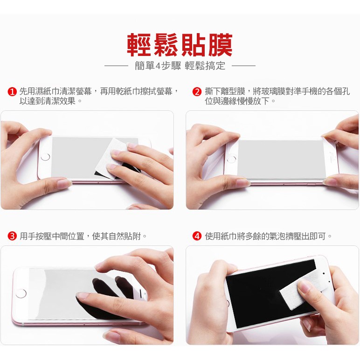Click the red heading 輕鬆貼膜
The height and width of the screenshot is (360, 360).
tap(180, 45)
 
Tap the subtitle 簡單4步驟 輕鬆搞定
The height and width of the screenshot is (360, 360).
tap(180, 66)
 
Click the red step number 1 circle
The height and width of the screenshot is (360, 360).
tap(12, 92)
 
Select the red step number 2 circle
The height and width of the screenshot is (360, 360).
tap(197, 92)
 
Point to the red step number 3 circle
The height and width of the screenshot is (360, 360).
tap(12, 236)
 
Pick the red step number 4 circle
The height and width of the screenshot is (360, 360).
tap(197, 236)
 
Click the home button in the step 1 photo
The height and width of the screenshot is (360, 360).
tap(45, 157)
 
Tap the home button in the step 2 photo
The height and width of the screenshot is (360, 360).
tap(231, 159)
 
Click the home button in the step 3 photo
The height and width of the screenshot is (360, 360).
tap(21, 293)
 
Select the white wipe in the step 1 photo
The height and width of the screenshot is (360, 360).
tap(110, 159)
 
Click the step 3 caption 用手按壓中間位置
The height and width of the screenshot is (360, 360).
tap(52, 236)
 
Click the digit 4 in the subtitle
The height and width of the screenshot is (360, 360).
tap(158, 66)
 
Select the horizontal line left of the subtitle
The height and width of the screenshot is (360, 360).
tap(116, 66)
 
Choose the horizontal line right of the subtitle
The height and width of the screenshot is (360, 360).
tap(243, 66)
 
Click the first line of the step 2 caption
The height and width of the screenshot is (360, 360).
tap(277, 91)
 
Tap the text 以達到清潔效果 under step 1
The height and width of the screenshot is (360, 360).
tap(48, 101)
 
